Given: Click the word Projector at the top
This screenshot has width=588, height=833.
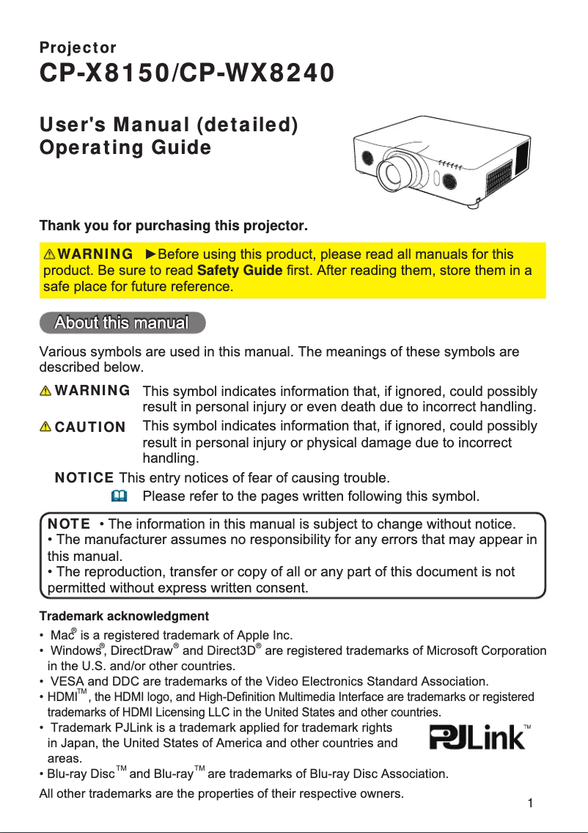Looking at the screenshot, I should (77, 48).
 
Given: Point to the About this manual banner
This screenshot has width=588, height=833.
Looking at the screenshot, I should (122, 322).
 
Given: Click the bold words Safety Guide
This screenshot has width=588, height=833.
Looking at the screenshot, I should (240, 271).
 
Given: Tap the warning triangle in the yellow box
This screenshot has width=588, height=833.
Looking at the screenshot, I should (50, 255).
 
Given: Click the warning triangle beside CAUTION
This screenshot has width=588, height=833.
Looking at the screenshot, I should (47, 427).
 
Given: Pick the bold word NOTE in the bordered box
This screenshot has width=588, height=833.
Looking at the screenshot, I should (69, 524).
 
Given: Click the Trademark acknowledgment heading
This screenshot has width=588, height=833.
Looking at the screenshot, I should (123, 616).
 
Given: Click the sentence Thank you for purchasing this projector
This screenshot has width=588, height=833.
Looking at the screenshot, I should (173, 224).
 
